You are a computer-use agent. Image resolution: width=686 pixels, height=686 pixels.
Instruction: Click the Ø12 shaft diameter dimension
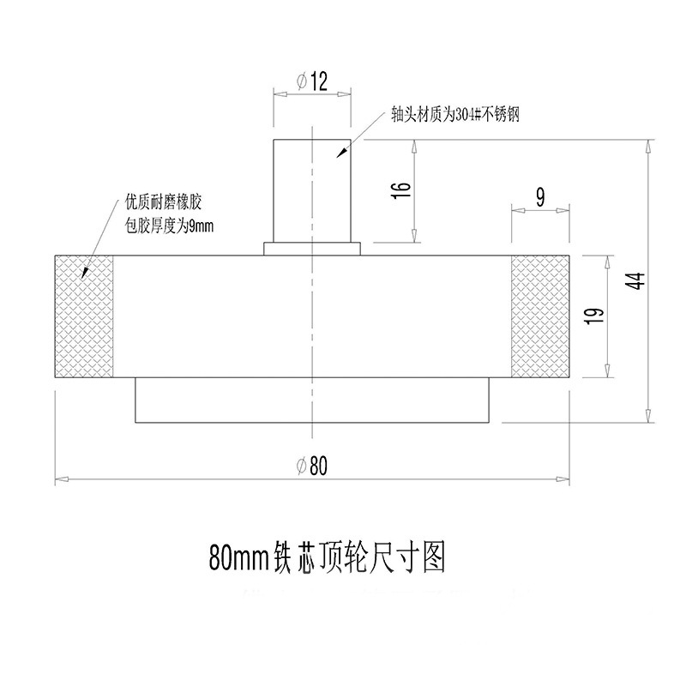(312, 81)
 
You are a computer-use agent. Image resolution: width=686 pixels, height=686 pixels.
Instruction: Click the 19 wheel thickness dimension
(595, 316)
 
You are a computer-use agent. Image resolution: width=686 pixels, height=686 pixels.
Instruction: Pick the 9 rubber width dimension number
(540, 197)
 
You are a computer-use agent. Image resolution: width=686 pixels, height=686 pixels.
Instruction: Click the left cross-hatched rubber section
(84, 316)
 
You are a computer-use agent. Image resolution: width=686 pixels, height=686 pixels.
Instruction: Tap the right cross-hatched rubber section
(540, 316)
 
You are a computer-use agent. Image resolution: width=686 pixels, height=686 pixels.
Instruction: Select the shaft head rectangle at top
(312, 190)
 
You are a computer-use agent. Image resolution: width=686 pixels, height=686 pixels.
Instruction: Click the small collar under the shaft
(312, 249)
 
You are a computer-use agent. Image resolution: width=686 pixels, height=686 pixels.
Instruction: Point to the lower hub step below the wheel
(312, 400)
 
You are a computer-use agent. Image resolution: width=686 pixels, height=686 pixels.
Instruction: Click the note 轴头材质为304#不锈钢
(455, 115)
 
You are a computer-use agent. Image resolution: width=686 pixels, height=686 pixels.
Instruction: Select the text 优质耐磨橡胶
(164, 203)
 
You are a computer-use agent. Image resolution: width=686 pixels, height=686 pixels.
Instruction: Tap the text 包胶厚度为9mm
(169, 226)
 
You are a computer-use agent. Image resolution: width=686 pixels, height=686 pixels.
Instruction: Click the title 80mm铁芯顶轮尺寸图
(328, 557)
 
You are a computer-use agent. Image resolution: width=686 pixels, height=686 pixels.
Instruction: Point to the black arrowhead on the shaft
(341, 153)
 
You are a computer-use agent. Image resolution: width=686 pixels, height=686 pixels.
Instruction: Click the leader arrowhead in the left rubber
(85, 272)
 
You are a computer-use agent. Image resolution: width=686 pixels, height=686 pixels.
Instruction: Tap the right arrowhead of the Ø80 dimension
(563, 479)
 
